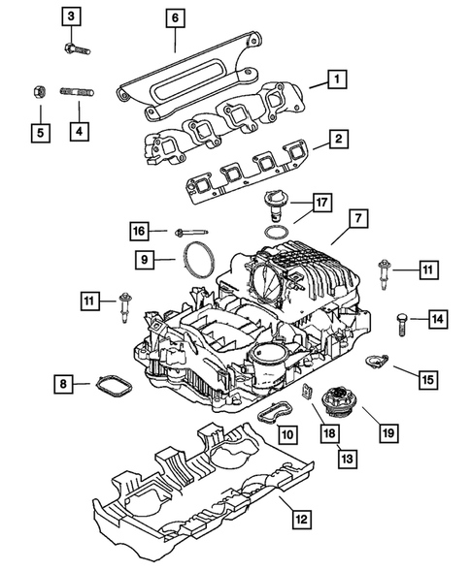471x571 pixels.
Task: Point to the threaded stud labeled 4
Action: [75, 94]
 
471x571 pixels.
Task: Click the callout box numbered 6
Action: [175, 17]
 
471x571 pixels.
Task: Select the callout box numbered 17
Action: [322, 205]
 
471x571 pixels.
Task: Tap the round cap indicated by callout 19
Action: [340, 400]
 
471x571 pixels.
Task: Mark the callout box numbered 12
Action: [302, 519]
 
